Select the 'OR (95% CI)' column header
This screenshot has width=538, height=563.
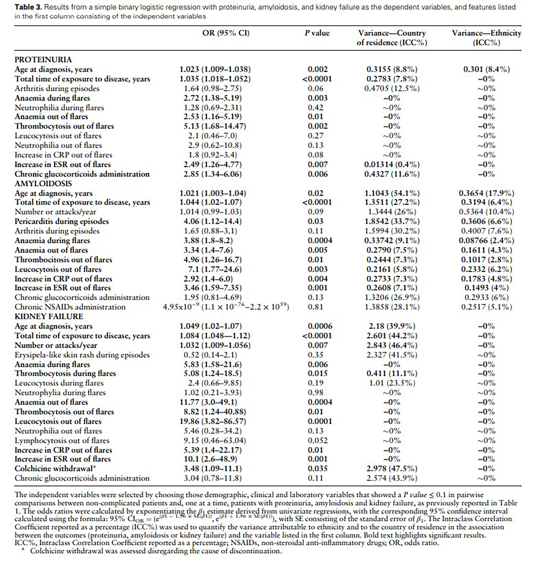(x=226, y=33)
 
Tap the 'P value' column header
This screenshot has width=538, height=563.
(x=317, y=33)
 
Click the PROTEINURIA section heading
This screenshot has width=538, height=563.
(x=43, y=60)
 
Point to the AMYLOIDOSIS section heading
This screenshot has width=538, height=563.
(x=43, y=183)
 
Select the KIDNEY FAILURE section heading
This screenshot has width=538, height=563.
(x=49, y=316)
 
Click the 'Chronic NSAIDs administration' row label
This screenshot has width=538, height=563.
(x=70, y=307)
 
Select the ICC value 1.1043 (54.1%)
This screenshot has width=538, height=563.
(x=392, y=193)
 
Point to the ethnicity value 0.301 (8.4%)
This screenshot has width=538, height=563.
(x=486, y=69)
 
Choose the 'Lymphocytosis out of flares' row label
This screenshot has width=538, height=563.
(x=62, y=440)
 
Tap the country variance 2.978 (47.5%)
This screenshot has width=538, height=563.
(x=392, y=469)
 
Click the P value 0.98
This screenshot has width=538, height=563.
(x=316, y=393)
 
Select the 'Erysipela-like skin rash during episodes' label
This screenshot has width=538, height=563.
(x=82, y=355)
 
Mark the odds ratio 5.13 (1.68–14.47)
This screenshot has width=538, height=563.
(x=215, y=126)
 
